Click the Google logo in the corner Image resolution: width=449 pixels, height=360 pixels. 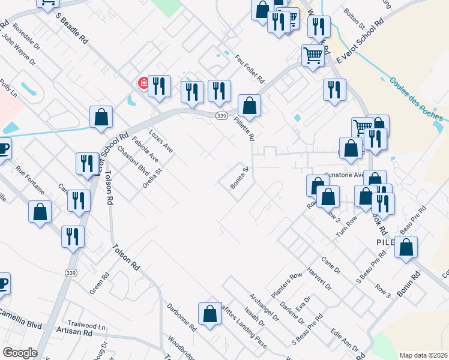pyautogui.click(x=20, y=353)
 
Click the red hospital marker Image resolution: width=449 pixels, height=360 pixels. pyautogui.click(x=144, y=83)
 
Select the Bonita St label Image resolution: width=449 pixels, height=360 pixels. pyautogui.click(x=239, y=178)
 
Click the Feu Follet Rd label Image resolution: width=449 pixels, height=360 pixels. pyautogui.click(x=250, y=70)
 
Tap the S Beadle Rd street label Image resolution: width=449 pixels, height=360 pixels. pyautogui.click(x=72, y=28)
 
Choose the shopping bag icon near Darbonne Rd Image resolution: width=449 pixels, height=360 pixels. pyautogui.click(x=209, y=314)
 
